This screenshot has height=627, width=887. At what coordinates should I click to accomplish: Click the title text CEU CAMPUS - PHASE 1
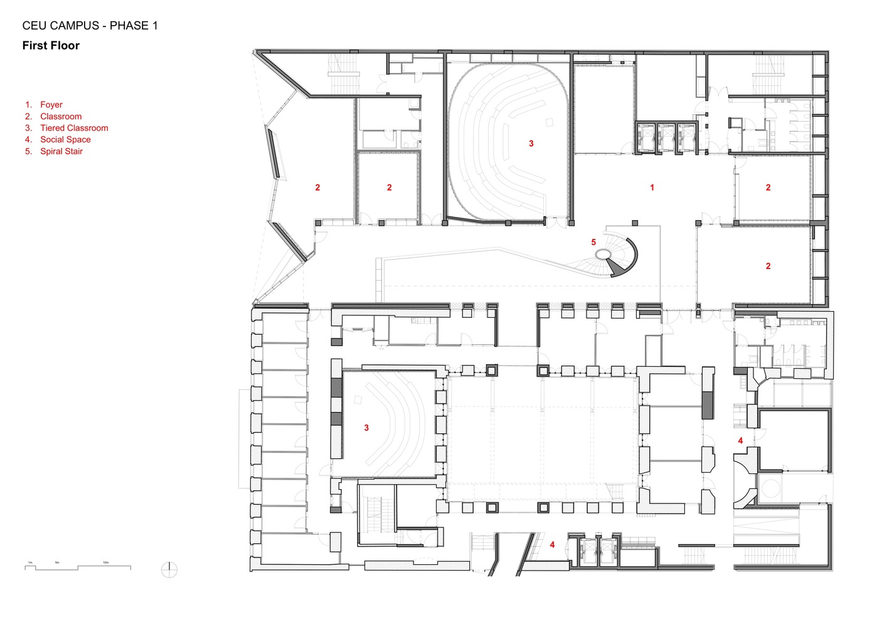[x=90, y=26]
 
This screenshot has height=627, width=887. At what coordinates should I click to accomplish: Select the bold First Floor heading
[x=51, y=46]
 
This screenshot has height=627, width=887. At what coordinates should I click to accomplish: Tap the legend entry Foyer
[x=51, y=105]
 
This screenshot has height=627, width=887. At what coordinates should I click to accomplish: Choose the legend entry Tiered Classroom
[x=74, y=128]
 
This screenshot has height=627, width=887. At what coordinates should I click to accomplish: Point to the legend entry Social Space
[x=65, y=140]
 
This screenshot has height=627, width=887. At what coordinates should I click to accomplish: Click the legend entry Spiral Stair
[x=61, y=151]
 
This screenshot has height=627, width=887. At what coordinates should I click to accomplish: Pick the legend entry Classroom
[x=61, y=117]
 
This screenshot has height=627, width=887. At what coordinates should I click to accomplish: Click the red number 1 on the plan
[x=652, y=187]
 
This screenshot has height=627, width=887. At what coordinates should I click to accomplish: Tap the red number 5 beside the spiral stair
[x=593, y=243]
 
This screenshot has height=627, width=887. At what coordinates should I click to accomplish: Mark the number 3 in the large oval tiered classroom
[x=531, y=144]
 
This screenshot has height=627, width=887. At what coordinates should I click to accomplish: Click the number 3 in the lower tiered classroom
[x=366, y=428]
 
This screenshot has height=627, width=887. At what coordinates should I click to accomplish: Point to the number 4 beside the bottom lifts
[x=552, y=545]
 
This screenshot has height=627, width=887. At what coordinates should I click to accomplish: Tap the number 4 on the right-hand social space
[x=740, y=441]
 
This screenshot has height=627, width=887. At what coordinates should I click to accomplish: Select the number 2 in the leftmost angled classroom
[x=317, y=187]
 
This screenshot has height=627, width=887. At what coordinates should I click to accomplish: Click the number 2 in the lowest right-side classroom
[x=768, y=266]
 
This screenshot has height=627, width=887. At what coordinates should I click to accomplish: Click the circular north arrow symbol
[x=169, y=570]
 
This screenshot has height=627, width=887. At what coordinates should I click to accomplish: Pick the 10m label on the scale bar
[x=105, y=562]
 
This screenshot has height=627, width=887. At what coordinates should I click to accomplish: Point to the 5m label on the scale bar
[x=56, y=562]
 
